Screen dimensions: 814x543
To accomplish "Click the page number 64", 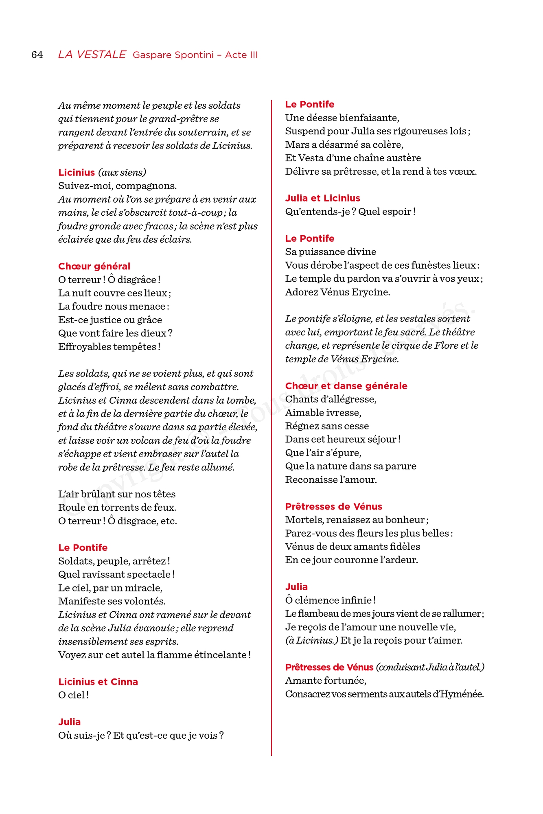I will click(x=37, y=55).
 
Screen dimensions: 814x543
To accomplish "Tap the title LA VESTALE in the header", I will click(x=92, y=55).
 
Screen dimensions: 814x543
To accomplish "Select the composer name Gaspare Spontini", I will click(x=173, y=55).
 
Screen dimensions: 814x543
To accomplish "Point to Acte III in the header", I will click(x=241, y=55).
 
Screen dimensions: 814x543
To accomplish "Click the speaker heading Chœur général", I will click(x=94, y=266).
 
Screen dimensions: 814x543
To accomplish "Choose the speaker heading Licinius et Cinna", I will click(x=98, y=682).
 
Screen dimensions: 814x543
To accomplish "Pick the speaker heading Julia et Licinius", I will click(x=322, y=198).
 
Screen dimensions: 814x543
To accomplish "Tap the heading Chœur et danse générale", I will click(x=346, y=386).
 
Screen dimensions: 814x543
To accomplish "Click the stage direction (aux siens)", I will click(x=122, y=173).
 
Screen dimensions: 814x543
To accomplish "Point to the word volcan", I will click(x=145, y=440).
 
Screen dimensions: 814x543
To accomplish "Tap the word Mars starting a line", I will click(x=297, y=145).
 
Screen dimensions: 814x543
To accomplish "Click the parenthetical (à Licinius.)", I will click(x=312, y=641).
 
